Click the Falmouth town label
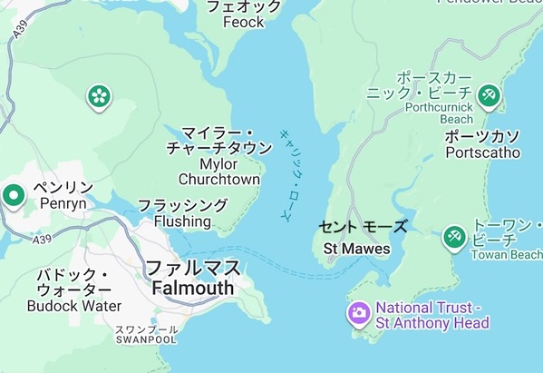click(x=192, y=289)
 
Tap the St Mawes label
click(x=357, y=249)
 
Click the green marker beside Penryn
click(x=13, y=195)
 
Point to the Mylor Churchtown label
click(x=219, y=172)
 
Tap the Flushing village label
click(x=182, y=221)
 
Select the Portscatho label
click(x=482, y=152)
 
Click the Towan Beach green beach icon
click(x=453, y=239)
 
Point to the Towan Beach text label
click(x=507, y=255)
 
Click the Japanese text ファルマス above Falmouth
click(x=193, y=269)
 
